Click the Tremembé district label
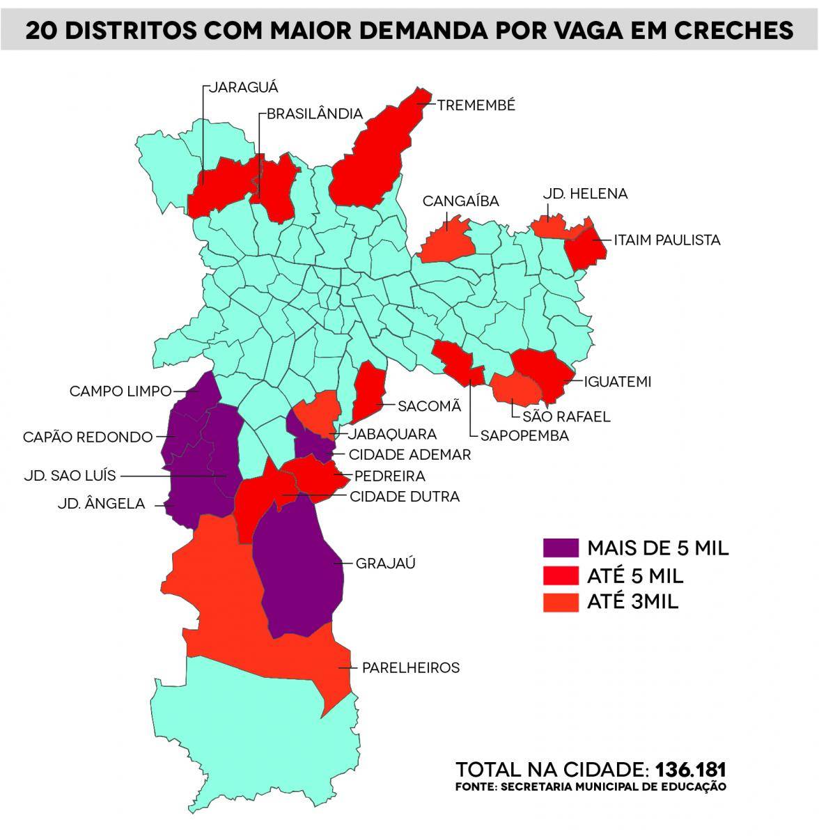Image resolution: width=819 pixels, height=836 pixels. pos(476,105)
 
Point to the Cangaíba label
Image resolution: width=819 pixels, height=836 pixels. pos(461,201)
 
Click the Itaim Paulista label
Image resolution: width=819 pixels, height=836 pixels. pos(666,240)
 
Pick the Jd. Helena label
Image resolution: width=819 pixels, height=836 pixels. pos(585,194)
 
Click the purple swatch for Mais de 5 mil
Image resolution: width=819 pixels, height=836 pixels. pos(561,548)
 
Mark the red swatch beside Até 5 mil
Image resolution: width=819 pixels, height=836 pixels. pos(561,575)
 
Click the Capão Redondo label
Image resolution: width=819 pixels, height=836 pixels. pos(88,438)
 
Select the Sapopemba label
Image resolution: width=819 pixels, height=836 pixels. pos(524,435)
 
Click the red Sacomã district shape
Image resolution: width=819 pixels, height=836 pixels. pos(368,390)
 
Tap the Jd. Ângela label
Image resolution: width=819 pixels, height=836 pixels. pos(102,504)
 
